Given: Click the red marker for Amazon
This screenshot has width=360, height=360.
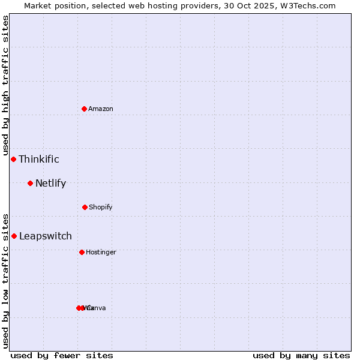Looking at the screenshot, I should [x=84, y=109].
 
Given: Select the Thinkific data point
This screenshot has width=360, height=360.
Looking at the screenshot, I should [x=13, y=159].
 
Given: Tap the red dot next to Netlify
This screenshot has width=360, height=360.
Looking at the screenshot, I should [x=30, y=183].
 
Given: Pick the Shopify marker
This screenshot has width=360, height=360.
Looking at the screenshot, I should [x=85, y=207].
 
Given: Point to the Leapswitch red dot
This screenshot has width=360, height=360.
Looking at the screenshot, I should [x=14, y=236].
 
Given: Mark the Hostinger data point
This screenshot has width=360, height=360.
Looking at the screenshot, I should [x=82, y=252].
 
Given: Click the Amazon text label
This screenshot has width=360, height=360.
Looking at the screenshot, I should [x=101, y=109].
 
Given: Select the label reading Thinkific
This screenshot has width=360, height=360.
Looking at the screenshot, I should [x=39, y=159].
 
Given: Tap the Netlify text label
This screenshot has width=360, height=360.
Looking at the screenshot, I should [x=50, y=183].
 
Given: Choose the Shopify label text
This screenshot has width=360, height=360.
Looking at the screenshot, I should [x=101, y=207].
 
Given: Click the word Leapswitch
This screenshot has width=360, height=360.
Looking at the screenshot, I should [x=46, y=236].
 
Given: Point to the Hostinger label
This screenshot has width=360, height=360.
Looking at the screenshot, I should [x=101, y=252].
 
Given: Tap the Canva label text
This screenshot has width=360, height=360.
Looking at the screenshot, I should [x=97, y=308].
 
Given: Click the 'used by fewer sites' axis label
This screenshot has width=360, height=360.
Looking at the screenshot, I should [x=62, y=356].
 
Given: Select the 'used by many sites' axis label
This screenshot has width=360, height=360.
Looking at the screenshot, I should [x=301, y=356].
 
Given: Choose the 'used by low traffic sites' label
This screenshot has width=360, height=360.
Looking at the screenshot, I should [x=5, y=280].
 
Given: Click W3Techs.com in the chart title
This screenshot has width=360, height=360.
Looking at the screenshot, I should [x=308, y=5].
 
